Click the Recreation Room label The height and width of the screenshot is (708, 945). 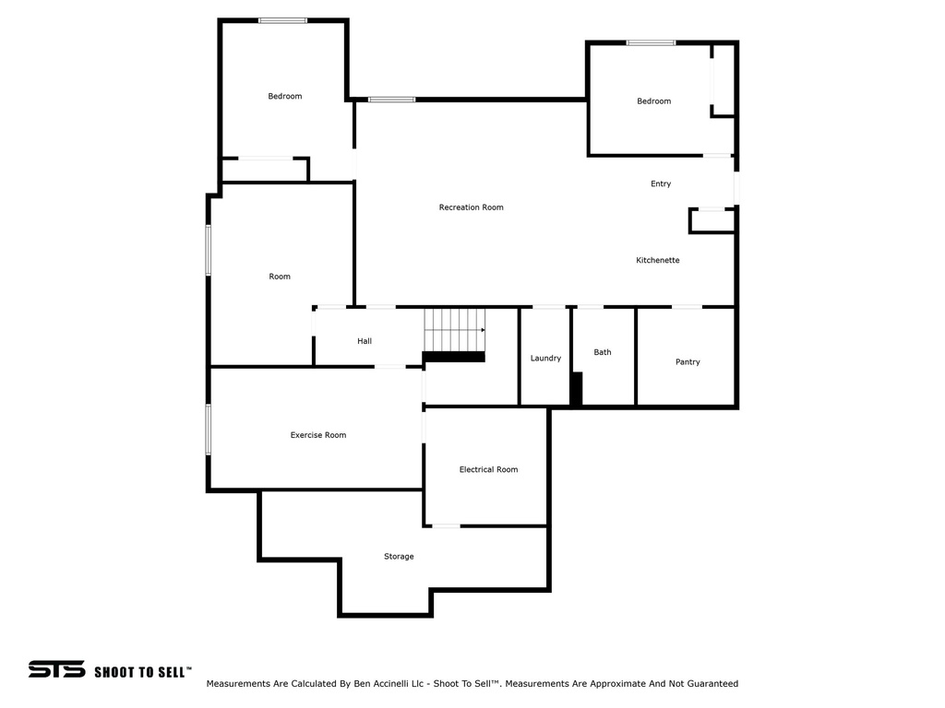tap(472, 207)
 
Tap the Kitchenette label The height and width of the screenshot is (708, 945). tap(657, 260)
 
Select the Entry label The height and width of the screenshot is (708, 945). tap(661, 183)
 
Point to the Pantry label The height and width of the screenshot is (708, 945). tap(688, 361)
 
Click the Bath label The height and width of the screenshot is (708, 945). tap(602, 352)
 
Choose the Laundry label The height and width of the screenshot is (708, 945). tap(545, 359)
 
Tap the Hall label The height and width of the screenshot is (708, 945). tap(364, 341)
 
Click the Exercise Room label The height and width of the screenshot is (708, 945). tap(318, 435)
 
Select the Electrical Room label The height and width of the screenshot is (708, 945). tap(488, 469)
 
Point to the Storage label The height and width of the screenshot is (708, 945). tap(399, 556)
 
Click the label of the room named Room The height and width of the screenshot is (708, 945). tap(280, 277)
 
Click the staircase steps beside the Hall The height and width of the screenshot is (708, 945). tap(454, 330)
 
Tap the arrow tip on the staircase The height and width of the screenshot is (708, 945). tap(484, 330)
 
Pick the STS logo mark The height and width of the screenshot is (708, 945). tap(56, 669)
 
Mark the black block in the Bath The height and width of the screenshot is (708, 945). tap(576, 388)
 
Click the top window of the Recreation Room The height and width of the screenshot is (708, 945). tap(391, 100)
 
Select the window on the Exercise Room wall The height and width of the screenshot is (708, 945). tap(209, 430)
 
